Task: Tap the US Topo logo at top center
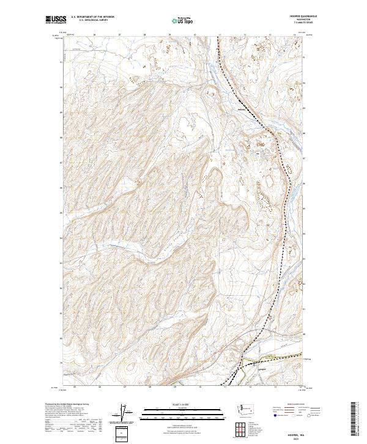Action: click(183, 21)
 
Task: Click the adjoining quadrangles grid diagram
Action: click(238, 430)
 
